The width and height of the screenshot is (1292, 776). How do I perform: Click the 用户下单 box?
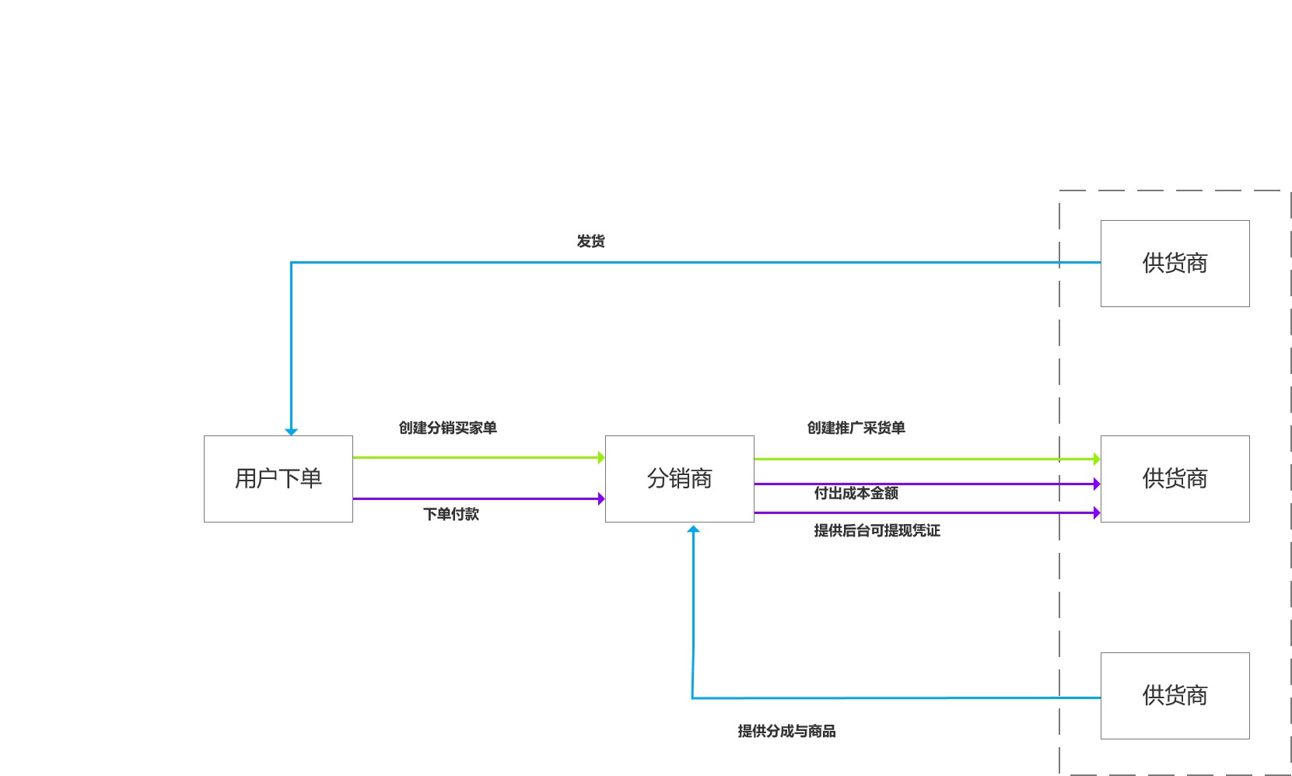tap(278, 478)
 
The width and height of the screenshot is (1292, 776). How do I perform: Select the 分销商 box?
tap(680, 478)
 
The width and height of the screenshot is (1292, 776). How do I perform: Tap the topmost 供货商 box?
tap(1175, 264)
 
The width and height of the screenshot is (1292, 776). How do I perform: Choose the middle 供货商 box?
tap(1175, 478)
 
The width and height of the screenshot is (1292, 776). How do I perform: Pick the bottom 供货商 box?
tap(1175, 695)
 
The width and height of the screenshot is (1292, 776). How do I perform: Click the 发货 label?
tap(590, 241)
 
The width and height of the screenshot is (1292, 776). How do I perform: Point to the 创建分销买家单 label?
tap(447, 428)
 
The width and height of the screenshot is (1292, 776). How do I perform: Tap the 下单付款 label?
tap(451, 514)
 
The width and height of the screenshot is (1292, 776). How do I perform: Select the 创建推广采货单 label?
tap(856, 428)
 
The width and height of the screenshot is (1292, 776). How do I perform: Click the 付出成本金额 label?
tap(856, 493)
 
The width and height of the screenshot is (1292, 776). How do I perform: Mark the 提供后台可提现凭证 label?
tap(877, 530)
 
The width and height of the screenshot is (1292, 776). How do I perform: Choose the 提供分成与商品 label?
tap(786, 731)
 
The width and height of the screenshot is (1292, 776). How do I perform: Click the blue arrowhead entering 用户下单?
tap(291, 432)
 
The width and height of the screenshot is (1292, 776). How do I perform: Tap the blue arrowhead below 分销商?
tap(693, 529)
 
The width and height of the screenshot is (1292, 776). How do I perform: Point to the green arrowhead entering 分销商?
tap(601, 457)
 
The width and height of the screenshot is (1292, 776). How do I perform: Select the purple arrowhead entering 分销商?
tap(601, 498)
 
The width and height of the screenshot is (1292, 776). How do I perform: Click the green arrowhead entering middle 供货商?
tap(1097, 459)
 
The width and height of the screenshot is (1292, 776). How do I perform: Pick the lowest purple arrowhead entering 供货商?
tap(1097, 512)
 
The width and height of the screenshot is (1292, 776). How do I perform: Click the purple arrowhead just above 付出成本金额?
tap(1097, 484)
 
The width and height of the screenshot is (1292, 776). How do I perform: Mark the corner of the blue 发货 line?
tap(291, 262)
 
